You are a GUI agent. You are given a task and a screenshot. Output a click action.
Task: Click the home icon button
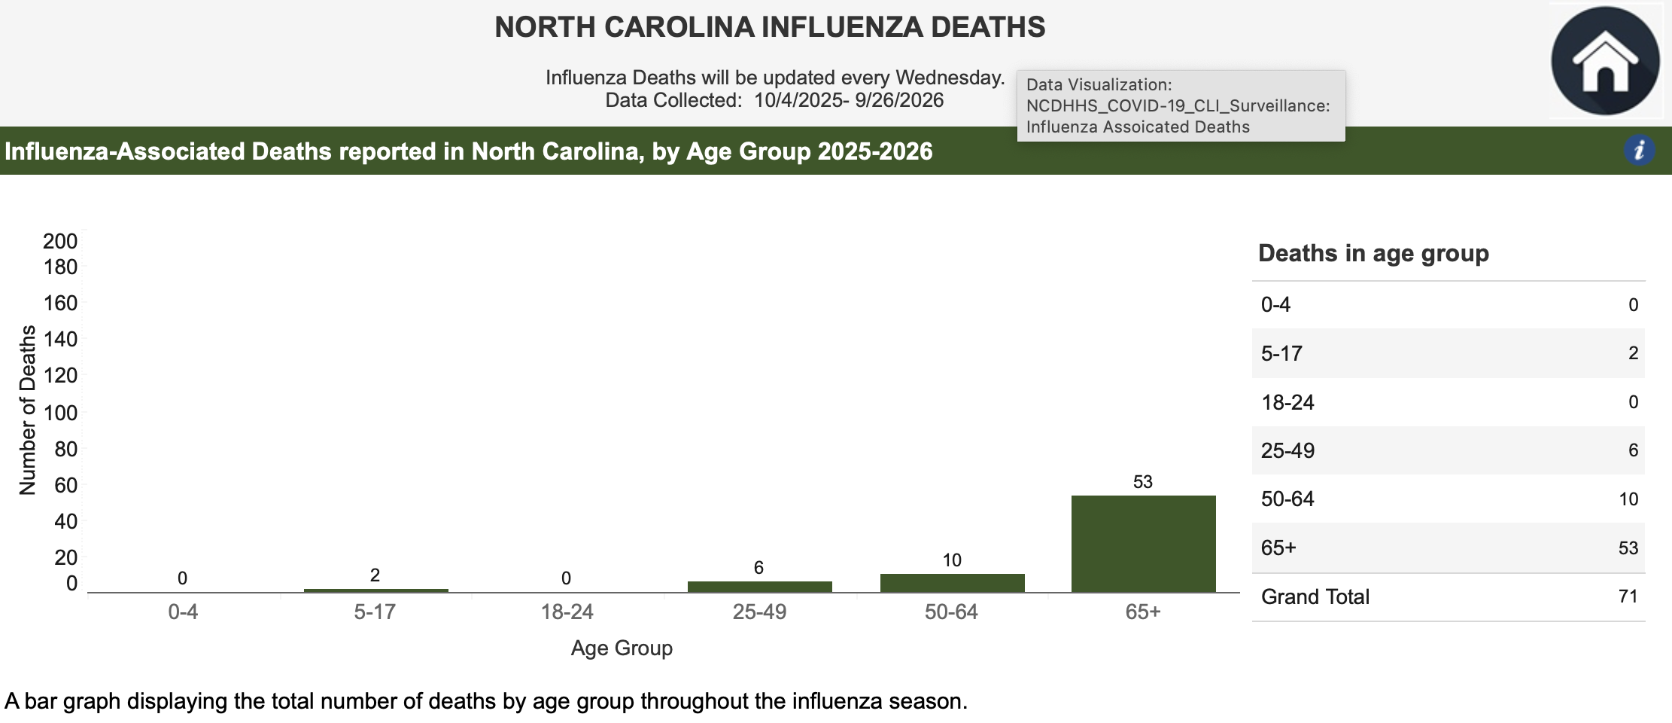[1605, 61]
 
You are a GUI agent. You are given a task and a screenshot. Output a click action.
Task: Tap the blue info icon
[1639, 151]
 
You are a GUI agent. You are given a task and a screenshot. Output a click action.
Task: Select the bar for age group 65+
[1143, 543]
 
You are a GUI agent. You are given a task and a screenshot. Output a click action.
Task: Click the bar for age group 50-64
[952, 583]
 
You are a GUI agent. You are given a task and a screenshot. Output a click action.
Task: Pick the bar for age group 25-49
[759, 587]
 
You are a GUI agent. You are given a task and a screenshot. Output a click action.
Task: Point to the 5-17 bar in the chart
[375, 590]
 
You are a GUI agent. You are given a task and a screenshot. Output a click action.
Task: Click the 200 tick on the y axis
[60, 241]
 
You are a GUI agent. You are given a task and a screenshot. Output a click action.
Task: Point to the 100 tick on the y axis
[60, 413]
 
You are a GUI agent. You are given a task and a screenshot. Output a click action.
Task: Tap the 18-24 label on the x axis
[567, 612]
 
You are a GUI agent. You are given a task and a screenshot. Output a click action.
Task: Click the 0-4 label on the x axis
[183, 612]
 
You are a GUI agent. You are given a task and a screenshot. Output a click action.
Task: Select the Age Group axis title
[622, 648]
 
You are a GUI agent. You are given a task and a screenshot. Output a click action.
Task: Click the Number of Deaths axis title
[28, 410]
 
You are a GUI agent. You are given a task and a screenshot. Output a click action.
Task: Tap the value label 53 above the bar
[1142, 482]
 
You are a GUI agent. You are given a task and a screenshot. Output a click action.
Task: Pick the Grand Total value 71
[1628, 596]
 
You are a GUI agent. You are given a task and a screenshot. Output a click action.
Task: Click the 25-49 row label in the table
[1287, 450]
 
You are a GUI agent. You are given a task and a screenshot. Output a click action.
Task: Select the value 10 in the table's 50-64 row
[1628, 499]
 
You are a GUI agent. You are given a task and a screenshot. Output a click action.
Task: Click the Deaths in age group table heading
[1373, 253]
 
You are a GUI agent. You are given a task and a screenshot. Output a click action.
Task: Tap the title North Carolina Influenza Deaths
[770, 27]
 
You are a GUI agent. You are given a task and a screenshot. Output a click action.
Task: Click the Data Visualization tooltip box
[1180, 105]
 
